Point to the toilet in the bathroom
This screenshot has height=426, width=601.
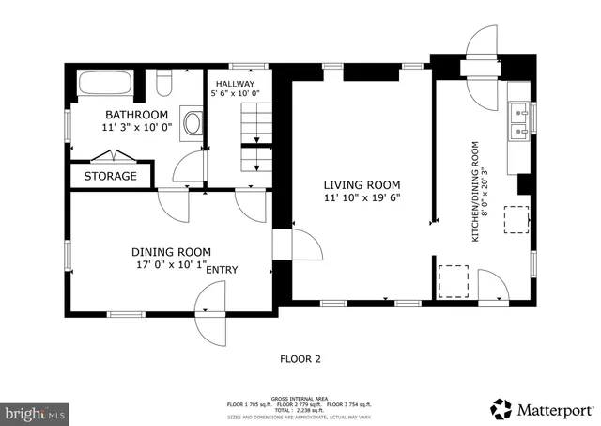[163, 85]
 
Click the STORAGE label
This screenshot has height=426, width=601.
[110, 176]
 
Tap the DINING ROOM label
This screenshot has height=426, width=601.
[171, 252]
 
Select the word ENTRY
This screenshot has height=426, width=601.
[222, 271]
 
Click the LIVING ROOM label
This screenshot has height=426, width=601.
[362, 185]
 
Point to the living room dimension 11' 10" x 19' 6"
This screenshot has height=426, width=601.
[362, 199]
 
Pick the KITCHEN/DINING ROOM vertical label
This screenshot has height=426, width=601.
[476, 192]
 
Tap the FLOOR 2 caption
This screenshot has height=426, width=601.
[300, 358]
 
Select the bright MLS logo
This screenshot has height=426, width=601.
[36, 412]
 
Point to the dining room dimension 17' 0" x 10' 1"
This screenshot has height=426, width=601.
[171, 265]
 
